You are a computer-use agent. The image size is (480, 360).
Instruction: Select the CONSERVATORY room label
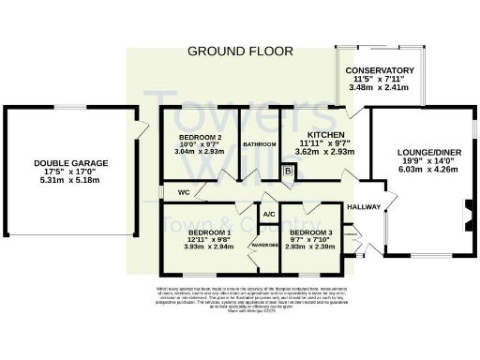point(379,70)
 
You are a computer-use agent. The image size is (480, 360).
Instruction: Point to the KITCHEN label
point(314,135)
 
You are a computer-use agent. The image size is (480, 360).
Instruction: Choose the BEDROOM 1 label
point(209,232)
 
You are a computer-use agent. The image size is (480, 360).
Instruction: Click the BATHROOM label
point(260,144)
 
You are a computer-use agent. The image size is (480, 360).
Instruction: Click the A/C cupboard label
point(268,215)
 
